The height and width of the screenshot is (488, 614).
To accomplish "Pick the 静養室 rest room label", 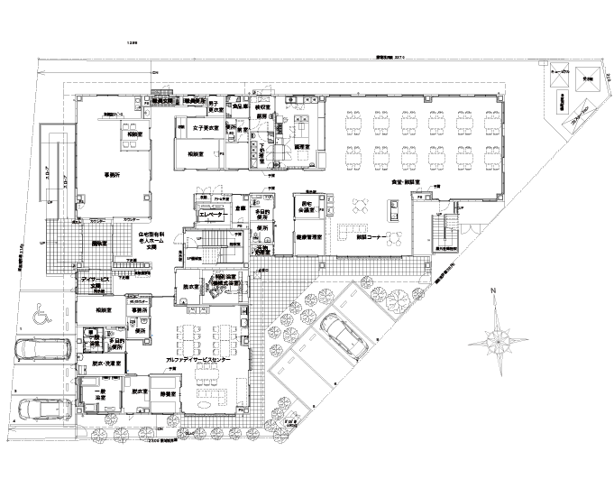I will coord(164,393).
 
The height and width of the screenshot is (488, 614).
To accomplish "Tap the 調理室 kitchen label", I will coord(302,147).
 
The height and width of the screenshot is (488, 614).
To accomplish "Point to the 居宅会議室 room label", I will coord(305,207).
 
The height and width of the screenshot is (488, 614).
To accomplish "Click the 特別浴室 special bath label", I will coord(225,280).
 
